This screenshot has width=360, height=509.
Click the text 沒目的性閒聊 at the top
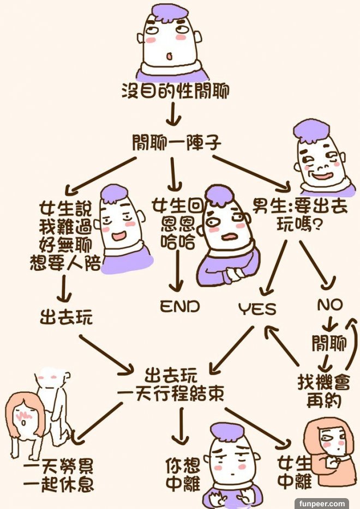175,91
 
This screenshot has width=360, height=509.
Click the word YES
257,309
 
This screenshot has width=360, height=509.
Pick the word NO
330,305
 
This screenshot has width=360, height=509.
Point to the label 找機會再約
321,390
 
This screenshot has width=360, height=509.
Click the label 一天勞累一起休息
58,475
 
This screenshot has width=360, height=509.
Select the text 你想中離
182,474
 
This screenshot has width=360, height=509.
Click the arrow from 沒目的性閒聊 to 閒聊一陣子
173,114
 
